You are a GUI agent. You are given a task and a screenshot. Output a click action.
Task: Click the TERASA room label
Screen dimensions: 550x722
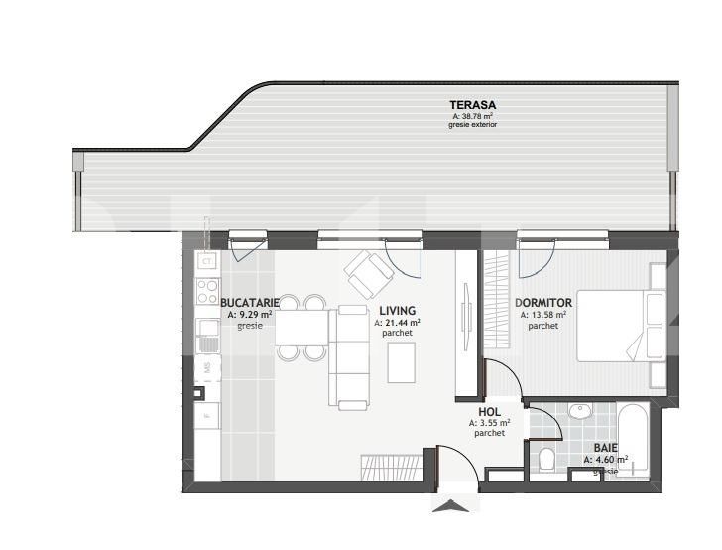tap(472, 104)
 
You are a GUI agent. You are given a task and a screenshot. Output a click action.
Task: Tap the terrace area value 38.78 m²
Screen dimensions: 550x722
tap(472, 116)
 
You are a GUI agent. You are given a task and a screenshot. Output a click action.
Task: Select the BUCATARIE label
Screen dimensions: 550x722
tap(249, 302)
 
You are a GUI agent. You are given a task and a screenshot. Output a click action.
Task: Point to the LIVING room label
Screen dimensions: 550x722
tap(397, 310)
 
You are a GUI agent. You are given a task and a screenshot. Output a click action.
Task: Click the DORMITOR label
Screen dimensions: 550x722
tap(543, 302)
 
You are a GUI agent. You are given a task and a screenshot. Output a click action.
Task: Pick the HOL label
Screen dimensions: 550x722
tap(489, 411)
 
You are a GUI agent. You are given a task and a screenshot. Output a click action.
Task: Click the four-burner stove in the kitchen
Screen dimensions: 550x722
tap(208, 291)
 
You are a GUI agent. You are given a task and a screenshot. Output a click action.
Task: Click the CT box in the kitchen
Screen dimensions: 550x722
tap(207, 262)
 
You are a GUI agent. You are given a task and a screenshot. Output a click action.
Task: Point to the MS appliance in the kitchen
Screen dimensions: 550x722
tap(207, 368)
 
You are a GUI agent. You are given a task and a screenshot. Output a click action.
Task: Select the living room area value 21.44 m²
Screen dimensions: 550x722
tap(397, 323)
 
